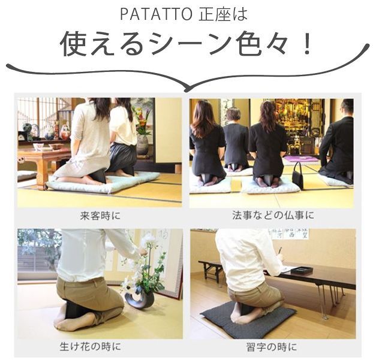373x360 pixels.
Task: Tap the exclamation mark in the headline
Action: tap(307, 44)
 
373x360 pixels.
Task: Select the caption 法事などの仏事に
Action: tap(273, 215)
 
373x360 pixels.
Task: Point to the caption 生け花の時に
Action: tap(90, 346)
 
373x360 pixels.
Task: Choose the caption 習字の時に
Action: tap(272, 347)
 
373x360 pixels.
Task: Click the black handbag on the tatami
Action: tap(298, 174)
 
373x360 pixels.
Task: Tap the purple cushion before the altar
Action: tap(301, 159)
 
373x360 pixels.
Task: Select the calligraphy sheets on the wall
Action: tap(288, 234)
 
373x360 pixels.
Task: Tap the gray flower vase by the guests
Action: tap(142, 144)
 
